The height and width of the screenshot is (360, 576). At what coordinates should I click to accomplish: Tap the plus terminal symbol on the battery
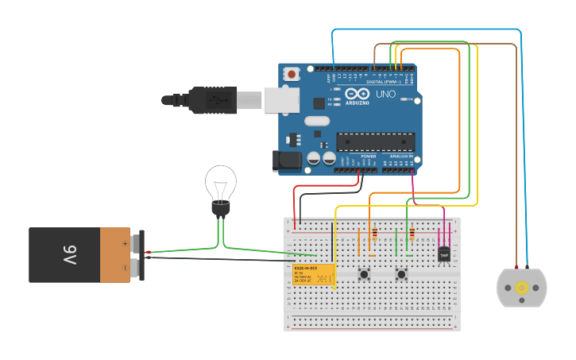pos(125,242)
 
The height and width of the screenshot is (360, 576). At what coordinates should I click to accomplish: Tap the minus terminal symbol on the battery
pos(125,269)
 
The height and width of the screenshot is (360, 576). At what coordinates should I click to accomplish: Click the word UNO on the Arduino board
pos(385,94)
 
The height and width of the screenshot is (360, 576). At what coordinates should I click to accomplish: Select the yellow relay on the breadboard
pos(313,274)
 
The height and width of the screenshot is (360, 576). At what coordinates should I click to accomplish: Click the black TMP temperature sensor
pos(444,254)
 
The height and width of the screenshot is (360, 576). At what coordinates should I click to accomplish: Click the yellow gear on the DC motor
pos(522,288)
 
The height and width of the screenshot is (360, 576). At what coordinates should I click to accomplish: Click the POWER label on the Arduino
pos(368,156)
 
